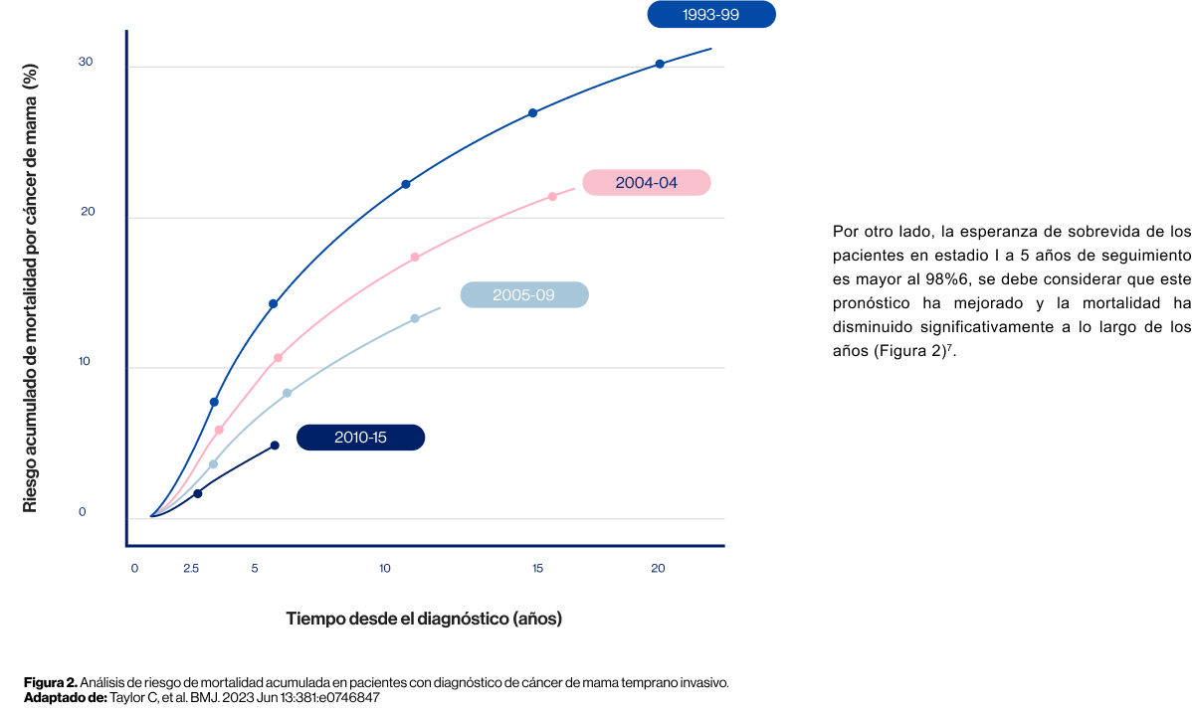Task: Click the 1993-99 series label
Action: (x=710, y=15)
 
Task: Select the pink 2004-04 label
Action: (x=646, y=183)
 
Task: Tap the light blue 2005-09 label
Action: (x=523, y=295)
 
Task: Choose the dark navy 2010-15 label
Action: (x=360, y=438)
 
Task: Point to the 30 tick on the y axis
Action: (x=86, y=62)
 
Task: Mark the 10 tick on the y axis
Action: (x=86, y=362)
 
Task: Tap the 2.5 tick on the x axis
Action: (x=191, y=569)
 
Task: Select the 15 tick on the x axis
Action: (x=537, y=569)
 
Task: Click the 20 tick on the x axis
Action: (x=658, y=569)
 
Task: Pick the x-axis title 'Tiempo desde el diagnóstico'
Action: (x=424, y=619)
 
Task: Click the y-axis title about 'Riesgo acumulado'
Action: (x=30, y=288)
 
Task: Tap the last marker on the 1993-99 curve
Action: (x=659, y=64)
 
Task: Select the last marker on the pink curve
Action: (x=552, y=196)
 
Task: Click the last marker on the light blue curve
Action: (x=415, y=318)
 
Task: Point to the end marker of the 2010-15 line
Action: (x=275, y=446)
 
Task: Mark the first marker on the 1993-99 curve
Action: (x=214, y=402)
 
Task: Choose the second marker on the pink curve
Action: (x=278, y=358)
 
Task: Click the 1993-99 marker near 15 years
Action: (x=532, y=113)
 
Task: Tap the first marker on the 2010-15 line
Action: (x=198, y=493)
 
